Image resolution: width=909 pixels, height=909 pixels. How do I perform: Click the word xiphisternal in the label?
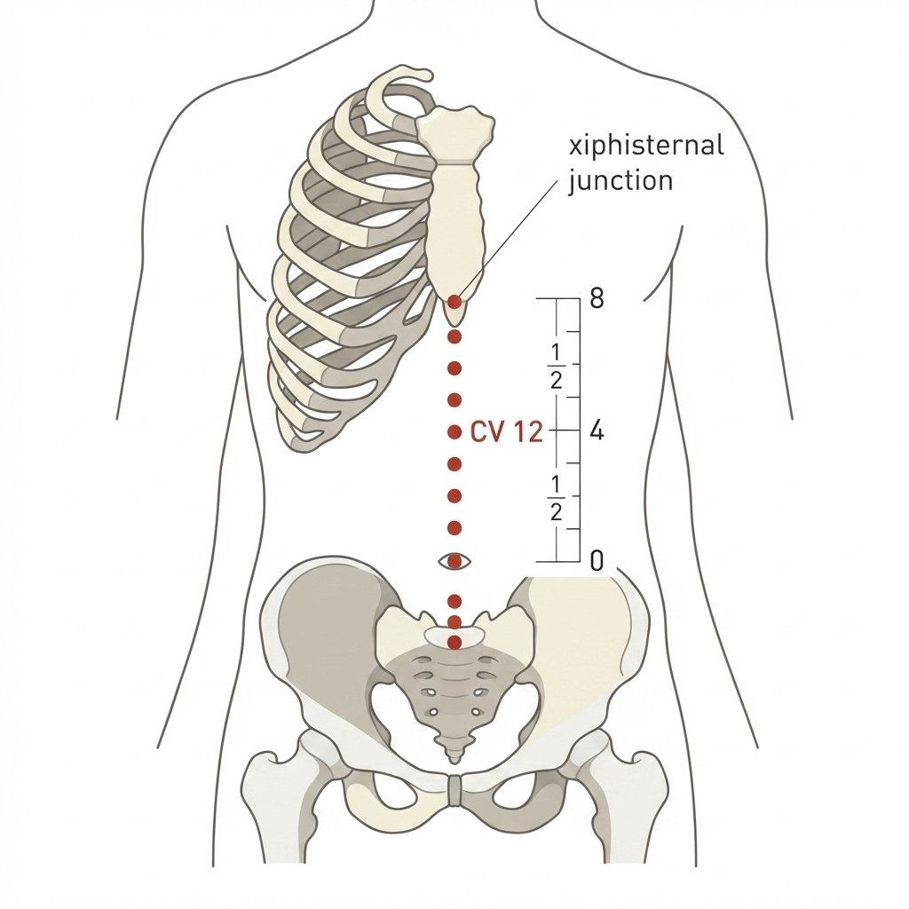point(646,145)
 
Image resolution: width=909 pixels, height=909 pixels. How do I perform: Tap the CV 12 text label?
point(507,432)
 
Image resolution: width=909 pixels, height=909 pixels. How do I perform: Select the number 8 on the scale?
point(597,298)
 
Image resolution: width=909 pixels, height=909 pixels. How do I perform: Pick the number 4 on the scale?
point(597,431)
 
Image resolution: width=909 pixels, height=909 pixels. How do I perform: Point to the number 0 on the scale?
point(597,561)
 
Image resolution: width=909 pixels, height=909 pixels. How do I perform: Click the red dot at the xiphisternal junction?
point(455,302)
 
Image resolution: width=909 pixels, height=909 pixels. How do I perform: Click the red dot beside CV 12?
point(455,432)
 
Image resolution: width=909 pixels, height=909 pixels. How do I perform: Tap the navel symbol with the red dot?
point(455,561)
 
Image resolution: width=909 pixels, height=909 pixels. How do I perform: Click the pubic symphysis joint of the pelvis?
point(455,790)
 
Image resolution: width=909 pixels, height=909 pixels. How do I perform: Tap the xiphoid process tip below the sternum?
point(455,321)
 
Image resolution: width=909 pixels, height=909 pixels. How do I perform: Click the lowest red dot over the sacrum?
point(455,643)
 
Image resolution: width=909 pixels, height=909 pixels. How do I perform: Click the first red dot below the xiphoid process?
point(455,336)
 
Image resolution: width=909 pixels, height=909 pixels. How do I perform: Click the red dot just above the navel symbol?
point(455,528)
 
